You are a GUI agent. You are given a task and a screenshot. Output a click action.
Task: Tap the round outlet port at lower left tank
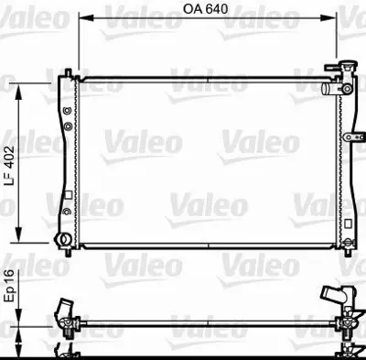pyautogui.click(x=64, y=241)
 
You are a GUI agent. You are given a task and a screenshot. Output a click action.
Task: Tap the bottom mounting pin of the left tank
pyautogui.click(x=66, y=249)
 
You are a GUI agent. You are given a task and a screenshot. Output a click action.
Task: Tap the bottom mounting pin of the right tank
pyautogui.click(x=348, y=250)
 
